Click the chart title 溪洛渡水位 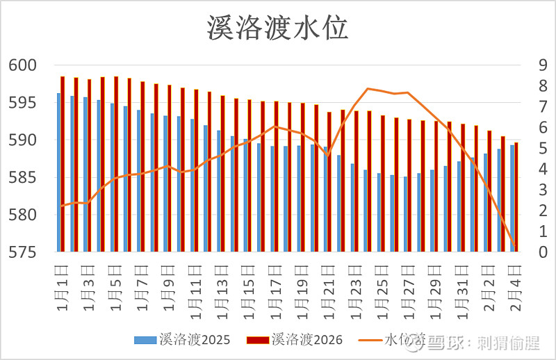tap(277, 28)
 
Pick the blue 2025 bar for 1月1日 tap(59, 174)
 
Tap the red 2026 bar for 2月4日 tap(516, 198)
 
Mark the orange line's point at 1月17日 tap(276, 126)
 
